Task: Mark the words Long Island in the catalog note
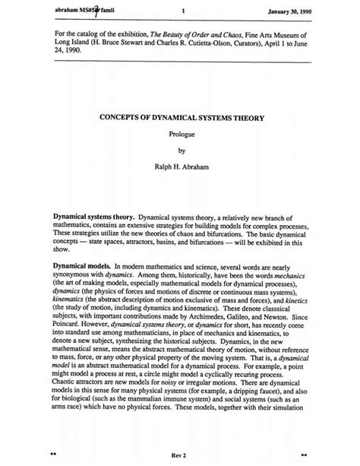(x=71, y=44)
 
